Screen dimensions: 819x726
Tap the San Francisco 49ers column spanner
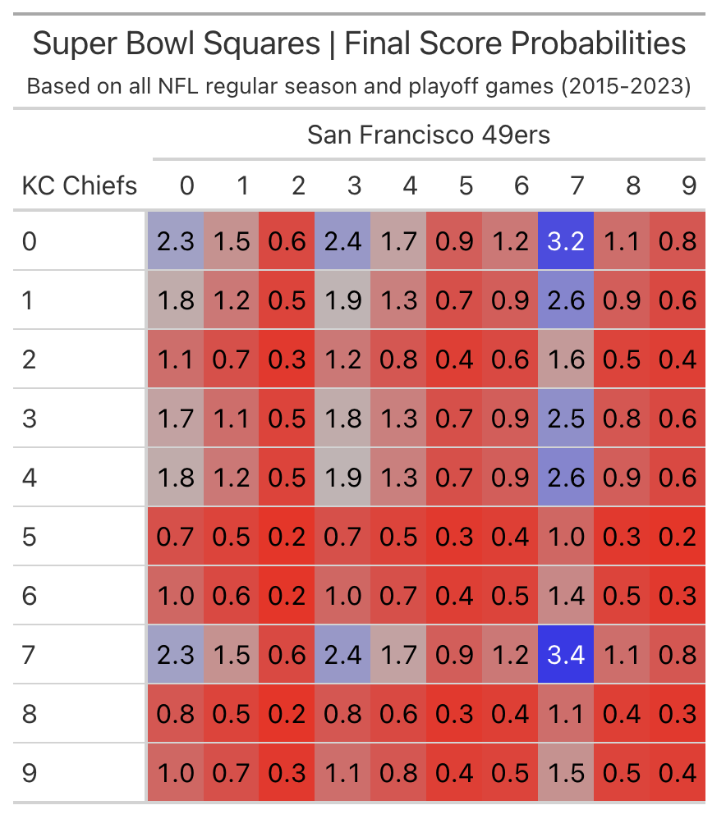click(x=429, y=134)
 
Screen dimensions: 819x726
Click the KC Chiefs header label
click(x=79, y=185)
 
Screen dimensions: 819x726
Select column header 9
click(x=687, y=185)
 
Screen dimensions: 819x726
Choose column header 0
click(x=186, y=185)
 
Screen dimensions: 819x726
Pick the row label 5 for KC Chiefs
click(x=30, y=536)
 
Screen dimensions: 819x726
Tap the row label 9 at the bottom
click(x=30, y=772)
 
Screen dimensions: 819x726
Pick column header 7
click(x=577, y=185)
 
